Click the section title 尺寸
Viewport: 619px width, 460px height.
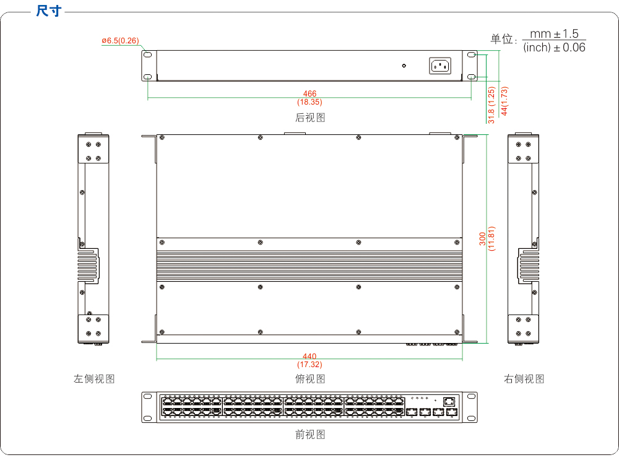49,11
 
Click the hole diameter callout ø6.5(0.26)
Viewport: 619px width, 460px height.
121,41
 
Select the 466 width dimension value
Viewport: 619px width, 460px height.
309,94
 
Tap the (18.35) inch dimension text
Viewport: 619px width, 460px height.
309,102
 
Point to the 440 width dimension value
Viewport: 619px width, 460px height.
309,356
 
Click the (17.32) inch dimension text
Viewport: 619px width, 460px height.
309,364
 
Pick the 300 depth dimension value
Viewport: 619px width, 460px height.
483,240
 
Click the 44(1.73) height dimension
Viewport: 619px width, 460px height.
504,101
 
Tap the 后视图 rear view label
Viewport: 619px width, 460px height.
310,117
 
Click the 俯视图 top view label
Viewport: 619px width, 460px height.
310,379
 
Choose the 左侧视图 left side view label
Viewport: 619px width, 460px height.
94,379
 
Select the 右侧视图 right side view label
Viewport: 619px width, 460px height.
524,379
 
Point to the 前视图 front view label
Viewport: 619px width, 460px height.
310,435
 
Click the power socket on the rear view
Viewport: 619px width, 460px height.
440,66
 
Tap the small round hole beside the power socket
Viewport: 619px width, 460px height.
404,66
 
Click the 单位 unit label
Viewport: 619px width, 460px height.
503,39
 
